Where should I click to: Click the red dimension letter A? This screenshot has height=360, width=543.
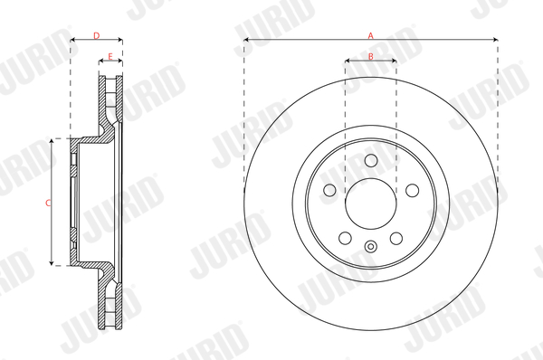(371, 35)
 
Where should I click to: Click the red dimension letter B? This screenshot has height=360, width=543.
(370, 56)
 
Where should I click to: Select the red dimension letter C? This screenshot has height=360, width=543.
(48, 203)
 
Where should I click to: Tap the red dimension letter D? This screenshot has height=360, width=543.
(97, 35)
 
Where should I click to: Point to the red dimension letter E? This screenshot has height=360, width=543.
(110, 56)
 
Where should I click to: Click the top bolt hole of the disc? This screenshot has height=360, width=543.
(371, 160)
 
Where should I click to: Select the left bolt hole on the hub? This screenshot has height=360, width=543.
(329, 190)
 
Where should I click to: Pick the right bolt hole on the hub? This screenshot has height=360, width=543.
(412, 190)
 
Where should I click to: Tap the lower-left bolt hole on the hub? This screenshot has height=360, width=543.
(346, 238)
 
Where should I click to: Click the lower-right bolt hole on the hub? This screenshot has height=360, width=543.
(396, 238)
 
